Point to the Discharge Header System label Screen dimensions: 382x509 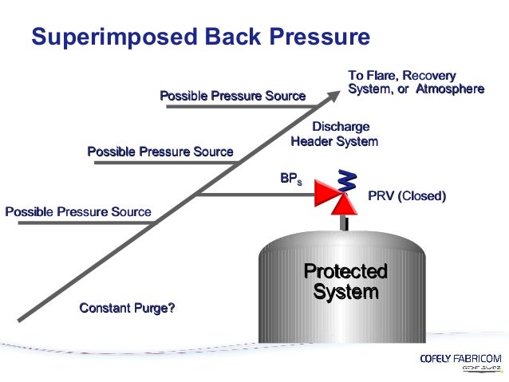334,134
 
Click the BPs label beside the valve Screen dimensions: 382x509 290,179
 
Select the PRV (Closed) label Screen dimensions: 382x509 406,196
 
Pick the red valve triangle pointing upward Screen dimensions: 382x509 345,205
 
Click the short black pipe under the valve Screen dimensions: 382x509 345,224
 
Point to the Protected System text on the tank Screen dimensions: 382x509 345,282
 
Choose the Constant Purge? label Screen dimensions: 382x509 127,308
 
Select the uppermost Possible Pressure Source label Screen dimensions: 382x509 232,96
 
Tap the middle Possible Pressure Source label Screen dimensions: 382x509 160,152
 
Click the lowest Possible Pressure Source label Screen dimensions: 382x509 77,212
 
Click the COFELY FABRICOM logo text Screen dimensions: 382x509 460,359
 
